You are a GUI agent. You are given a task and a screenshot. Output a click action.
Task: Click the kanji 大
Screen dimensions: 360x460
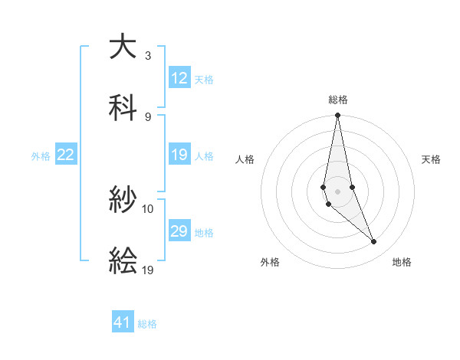(x=123, y=47)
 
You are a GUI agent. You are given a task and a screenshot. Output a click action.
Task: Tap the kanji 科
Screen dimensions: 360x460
(x=123, y=108)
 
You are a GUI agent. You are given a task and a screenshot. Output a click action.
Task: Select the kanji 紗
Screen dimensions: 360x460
(x=123, y=201)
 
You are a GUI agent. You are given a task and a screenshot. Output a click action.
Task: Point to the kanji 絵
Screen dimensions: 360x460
(x=123, y=261)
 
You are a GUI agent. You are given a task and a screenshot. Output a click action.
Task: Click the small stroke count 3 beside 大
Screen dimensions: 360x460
(x=148, y=56)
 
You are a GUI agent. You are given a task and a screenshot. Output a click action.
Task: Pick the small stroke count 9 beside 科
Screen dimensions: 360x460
(x=148, y=116)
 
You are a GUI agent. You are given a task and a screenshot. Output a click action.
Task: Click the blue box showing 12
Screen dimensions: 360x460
(x=179, y=78)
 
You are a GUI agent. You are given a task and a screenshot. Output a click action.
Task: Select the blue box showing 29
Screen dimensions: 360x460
(x=179, y=231)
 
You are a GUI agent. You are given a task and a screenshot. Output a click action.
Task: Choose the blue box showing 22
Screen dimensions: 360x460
(x=66, y=155)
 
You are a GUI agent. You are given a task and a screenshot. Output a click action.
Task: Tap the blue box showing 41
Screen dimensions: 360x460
(x=123, y=322)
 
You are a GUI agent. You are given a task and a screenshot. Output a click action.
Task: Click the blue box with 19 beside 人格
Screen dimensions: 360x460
(x=179, y=155)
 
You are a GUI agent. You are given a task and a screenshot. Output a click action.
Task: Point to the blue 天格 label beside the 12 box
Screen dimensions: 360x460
(x=204, y=79)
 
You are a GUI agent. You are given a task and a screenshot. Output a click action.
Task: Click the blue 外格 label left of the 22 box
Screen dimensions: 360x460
(x=41, y=155)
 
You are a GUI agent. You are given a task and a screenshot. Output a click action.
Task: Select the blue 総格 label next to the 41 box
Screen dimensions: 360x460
(x=147, y=323)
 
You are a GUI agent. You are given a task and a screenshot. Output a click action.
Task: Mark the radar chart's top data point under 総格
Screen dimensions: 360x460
(x=337, y=116)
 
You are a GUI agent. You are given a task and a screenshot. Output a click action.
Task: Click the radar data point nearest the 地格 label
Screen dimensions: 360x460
(x=374, y=242)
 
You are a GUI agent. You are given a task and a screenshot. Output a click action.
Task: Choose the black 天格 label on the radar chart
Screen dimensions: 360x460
(x=432, y=159)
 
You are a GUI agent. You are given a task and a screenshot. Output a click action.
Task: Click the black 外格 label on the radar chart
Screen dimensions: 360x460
(x=270, y=262)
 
